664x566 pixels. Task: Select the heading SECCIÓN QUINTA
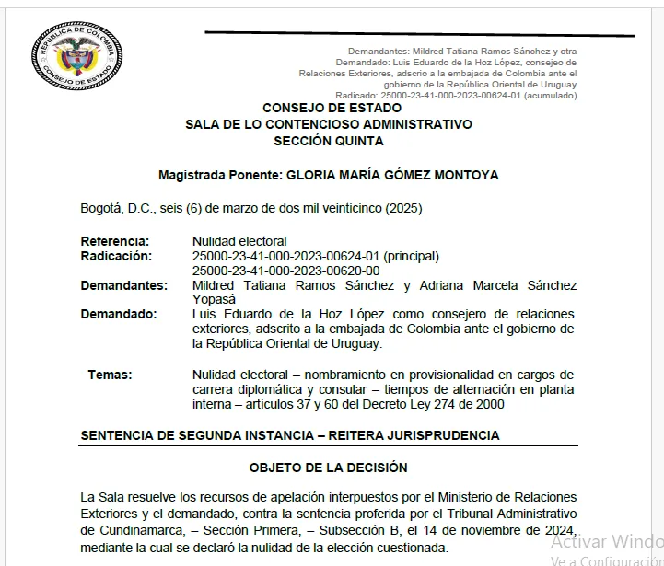tap(328, 141)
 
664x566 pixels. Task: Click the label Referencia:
tap(114, 241)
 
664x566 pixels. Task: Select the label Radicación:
tap(117, 256)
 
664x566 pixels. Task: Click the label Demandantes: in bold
tap(124, 285)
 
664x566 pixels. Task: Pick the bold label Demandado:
tap(119, 314)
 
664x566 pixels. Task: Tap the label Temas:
tap(110, 375)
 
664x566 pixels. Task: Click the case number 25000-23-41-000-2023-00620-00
tap(285, 271)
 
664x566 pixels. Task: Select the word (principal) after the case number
tap(411, 256)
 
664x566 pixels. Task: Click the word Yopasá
tap(215, 299)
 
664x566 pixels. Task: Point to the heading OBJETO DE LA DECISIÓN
tap(328, 468)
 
